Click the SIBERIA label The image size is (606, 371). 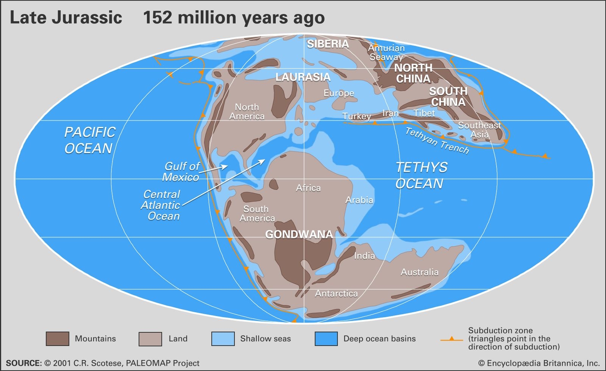click(x=328, y=44)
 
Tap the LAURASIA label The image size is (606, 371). click(x=303, y=77)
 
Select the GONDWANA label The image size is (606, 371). click(x=299, y=234)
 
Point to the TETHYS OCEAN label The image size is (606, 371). click(x=421, y=175)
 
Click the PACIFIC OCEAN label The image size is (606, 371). click(x=90, y=140)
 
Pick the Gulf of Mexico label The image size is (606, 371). click(x=181, y=172)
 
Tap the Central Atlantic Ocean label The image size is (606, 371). click(x=161, y=205)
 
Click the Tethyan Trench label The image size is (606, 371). click(x=437, y=141)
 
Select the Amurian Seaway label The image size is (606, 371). click(x=386, y=52)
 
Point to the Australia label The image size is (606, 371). click(x=420, y=272)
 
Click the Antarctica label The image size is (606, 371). click(x=336, y=293)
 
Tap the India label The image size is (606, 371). click(x=364, y=256)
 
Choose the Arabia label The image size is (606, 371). click(x=359, y=200)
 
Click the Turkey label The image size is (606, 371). click(x=357, y=116)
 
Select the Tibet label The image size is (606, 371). click(x=424, y=113)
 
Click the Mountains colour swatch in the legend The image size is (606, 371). click(x=58, y=339)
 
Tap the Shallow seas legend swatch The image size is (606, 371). click(x=223, y=339)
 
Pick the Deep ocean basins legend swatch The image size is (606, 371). click(x=326, y=339)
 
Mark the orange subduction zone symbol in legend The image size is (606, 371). click(x=451, y=339)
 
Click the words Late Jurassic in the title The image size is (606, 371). click(x=66, y=18)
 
